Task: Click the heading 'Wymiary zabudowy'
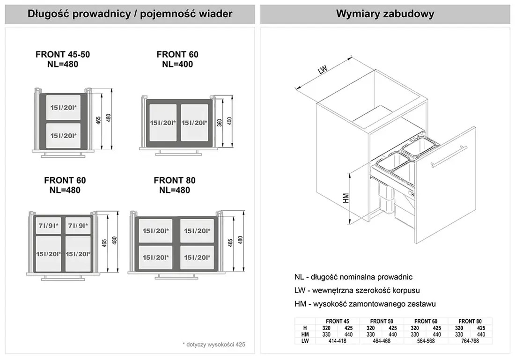pos(385,14)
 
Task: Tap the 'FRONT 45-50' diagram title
pos(63,54)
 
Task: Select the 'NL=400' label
pos(177,64)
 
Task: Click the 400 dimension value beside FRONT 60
pos(229,121)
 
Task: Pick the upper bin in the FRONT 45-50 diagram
pos(63,108)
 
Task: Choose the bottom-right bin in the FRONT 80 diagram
pos(196,257)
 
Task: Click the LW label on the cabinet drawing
pos(322,70)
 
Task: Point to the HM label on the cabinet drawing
pos(346,198)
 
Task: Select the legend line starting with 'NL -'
pos(353,277)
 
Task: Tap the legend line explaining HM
pos(365,304)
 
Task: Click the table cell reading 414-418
pos(337,341)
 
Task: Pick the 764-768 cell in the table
pos(470,341)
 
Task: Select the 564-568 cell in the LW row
pos(426,341)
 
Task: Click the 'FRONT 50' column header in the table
pos(382,321)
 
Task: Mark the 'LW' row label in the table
pos(304,341)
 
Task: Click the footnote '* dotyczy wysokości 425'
pos(213,345)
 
